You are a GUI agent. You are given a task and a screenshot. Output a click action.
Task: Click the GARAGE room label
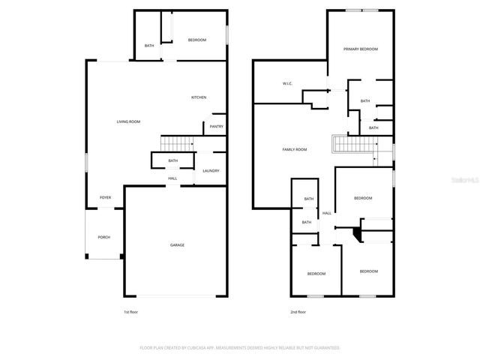coord(177,245)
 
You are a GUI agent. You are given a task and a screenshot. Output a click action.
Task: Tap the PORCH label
coord(103,237)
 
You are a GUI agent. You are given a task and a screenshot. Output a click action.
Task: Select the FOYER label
coord(105,197)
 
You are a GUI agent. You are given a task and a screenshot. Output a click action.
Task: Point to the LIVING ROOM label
coord(128,121)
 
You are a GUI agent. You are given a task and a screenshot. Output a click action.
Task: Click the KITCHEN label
coord(199,97)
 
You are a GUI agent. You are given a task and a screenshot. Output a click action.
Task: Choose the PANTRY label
coord(216,126)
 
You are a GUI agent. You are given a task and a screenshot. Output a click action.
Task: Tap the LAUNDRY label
coord(211,170)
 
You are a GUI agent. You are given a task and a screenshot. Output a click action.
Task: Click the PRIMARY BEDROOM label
coord(361,49)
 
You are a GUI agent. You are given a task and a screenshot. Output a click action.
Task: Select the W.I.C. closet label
coord(286,82)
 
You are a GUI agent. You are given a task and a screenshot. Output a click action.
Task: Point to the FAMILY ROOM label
coord(294,149)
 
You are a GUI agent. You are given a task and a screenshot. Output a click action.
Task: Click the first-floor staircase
coord(177,143)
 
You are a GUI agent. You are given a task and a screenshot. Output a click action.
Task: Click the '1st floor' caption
coord(131,312)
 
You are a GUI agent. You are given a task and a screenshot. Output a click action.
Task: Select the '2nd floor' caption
coord(298,312)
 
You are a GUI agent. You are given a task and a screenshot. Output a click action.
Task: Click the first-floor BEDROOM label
coord(197,39)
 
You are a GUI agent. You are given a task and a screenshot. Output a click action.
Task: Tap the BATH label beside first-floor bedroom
coord(149,46)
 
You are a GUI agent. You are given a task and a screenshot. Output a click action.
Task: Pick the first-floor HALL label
coord(172,178)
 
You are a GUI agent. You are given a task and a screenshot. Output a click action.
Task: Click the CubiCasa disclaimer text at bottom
coord(240,347)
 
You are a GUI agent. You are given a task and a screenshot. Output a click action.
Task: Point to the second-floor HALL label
coord(327,214)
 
